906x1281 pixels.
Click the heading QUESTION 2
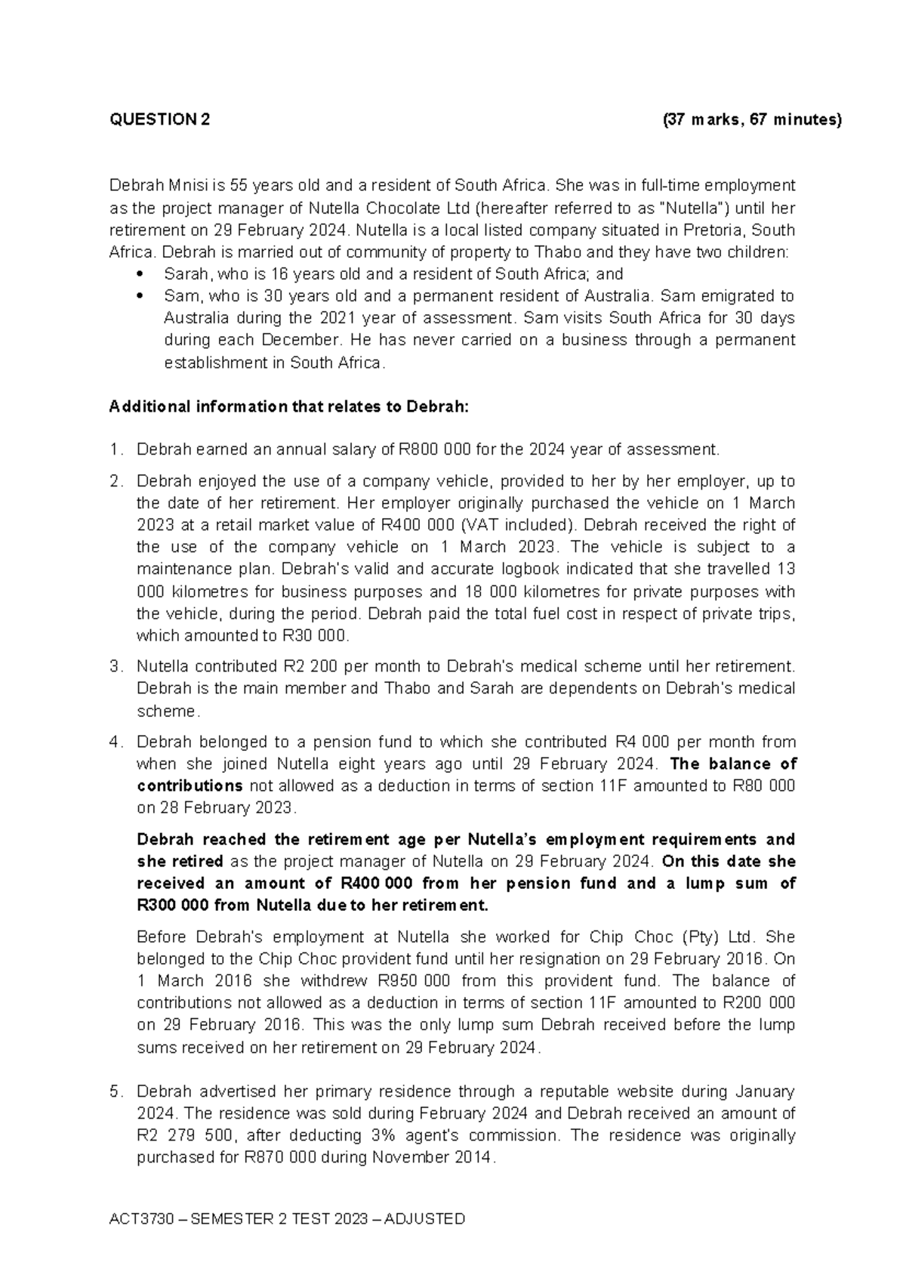click(160, 120)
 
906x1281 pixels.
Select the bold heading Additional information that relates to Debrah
click(289, 408)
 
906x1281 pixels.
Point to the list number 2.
click(114, 482)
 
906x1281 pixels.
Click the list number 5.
click(114, 1092)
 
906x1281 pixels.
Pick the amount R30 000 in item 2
click(315, 636)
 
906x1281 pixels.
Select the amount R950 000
click(411, 981)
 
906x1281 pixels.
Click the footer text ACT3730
click(137, 1219)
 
